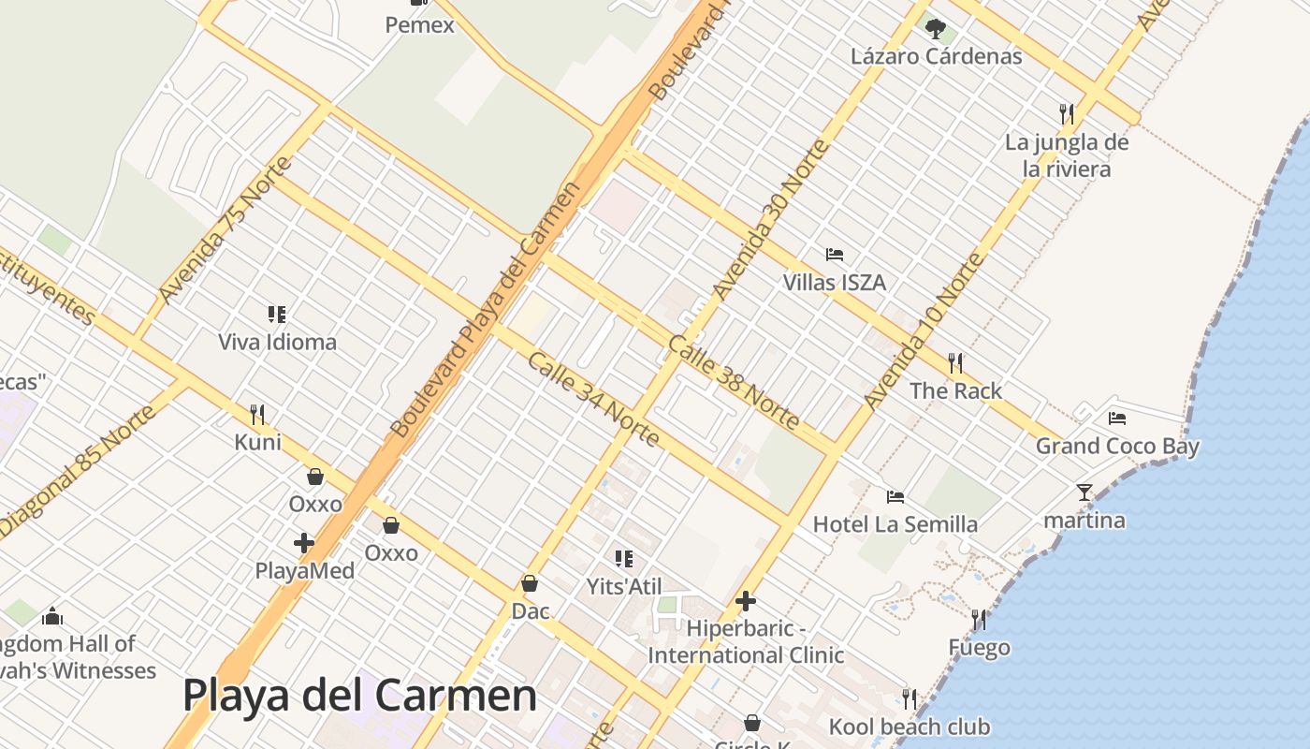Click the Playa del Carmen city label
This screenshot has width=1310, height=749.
(x=359, y=696)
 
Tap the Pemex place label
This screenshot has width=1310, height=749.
(x=419, y=25)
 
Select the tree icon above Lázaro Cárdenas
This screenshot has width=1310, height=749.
(x=935, y=29)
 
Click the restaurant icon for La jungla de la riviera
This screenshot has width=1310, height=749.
(x=1066, y=113)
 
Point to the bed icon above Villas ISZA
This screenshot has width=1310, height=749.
(x=835, y=255)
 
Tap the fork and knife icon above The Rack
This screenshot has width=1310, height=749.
(x=955, y=362)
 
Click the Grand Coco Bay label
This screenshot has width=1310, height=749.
(x=1116, y=447)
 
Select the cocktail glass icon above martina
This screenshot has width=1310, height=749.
(x=1084, y=492)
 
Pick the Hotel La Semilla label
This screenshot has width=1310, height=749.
(x=895, y=524)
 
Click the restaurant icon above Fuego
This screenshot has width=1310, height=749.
(x=979, y=619)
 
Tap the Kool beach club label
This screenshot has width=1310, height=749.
(x=909, y=727)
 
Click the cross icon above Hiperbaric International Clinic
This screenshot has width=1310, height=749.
(x=746, y=600)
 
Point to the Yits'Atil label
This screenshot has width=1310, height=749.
(x=623, y=587)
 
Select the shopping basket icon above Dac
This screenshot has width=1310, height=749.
(x=530, y=583)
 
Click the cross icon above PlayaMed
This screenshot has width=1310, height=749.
(x=304, y=542)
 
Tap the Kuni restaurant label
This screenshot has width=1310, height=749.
(x=257, y=442)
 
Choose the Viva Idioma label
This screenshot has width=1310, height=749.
(x=277, y=342)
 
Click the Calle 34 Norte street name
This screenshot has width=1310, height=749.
(x=593, y=399)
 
